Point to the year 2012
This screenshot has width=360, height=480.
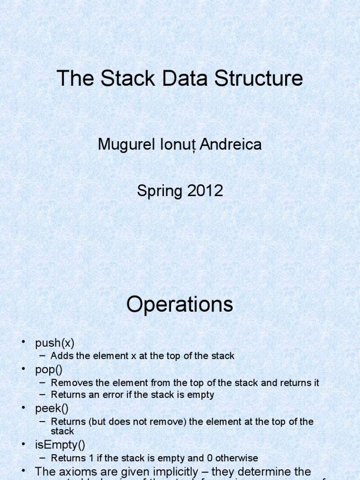point(205,191)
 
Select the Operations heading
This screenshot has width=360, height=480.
point(180,305)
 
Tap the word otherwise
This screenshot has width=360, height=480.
point(238,458)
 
